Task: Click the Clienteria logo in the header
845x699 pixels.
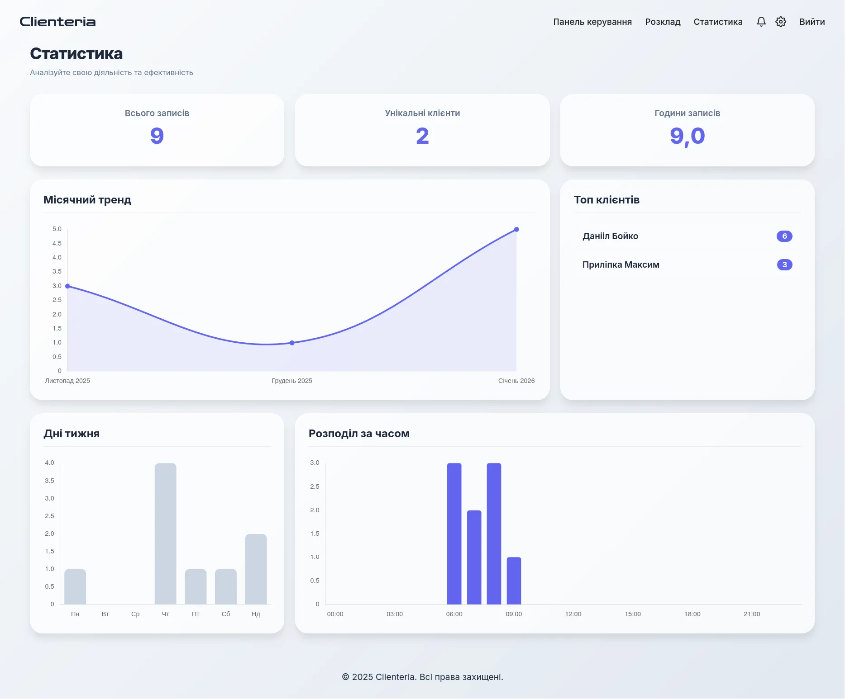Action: pos(57,22)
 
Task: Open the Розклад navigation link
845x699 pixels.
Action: pos(663,22)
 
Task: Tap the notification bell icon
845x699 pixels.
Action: pos(761,22)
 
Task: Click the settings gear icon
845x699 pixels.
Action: pos(781,22)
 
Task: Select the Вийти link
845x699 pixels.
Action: pos(812,22)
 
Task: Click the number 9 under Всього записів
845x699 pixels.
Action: pos(157,136)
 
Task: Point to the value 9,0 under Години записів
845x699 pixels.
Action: pos(687,136)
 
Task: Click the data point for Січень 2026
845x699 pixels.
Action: pos(516,230)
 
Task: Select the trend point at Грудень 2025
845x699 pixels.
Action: pos(292,343)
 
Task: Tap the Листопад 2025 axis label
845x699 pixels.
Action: pos(67,381)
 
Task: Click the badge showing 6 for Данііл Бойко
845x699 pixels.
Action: pos(784,236)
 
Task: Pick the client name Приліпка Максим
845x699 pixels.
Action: pos(621,264)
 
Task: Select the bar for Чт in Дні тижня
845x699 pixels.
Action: pos(166,534)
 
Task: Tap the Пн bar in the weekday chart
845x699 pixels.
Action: pos(75,586)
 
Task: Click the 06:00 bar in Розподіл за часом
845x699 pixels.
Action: pos(454,534)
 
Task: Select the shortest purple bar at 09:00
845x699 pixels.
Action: pos(514,581)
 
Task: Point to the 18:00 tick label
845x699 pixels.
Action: pos(692,614)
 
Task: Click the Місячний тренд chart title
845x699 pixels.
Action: pos(87,200)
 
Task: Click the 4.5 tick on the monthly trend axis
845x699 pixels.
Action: pos(57,243)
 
